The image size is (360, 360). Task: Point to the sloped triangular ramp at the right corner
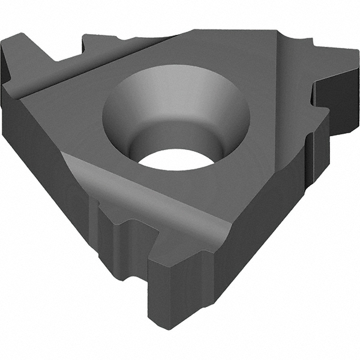point(288,78)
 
